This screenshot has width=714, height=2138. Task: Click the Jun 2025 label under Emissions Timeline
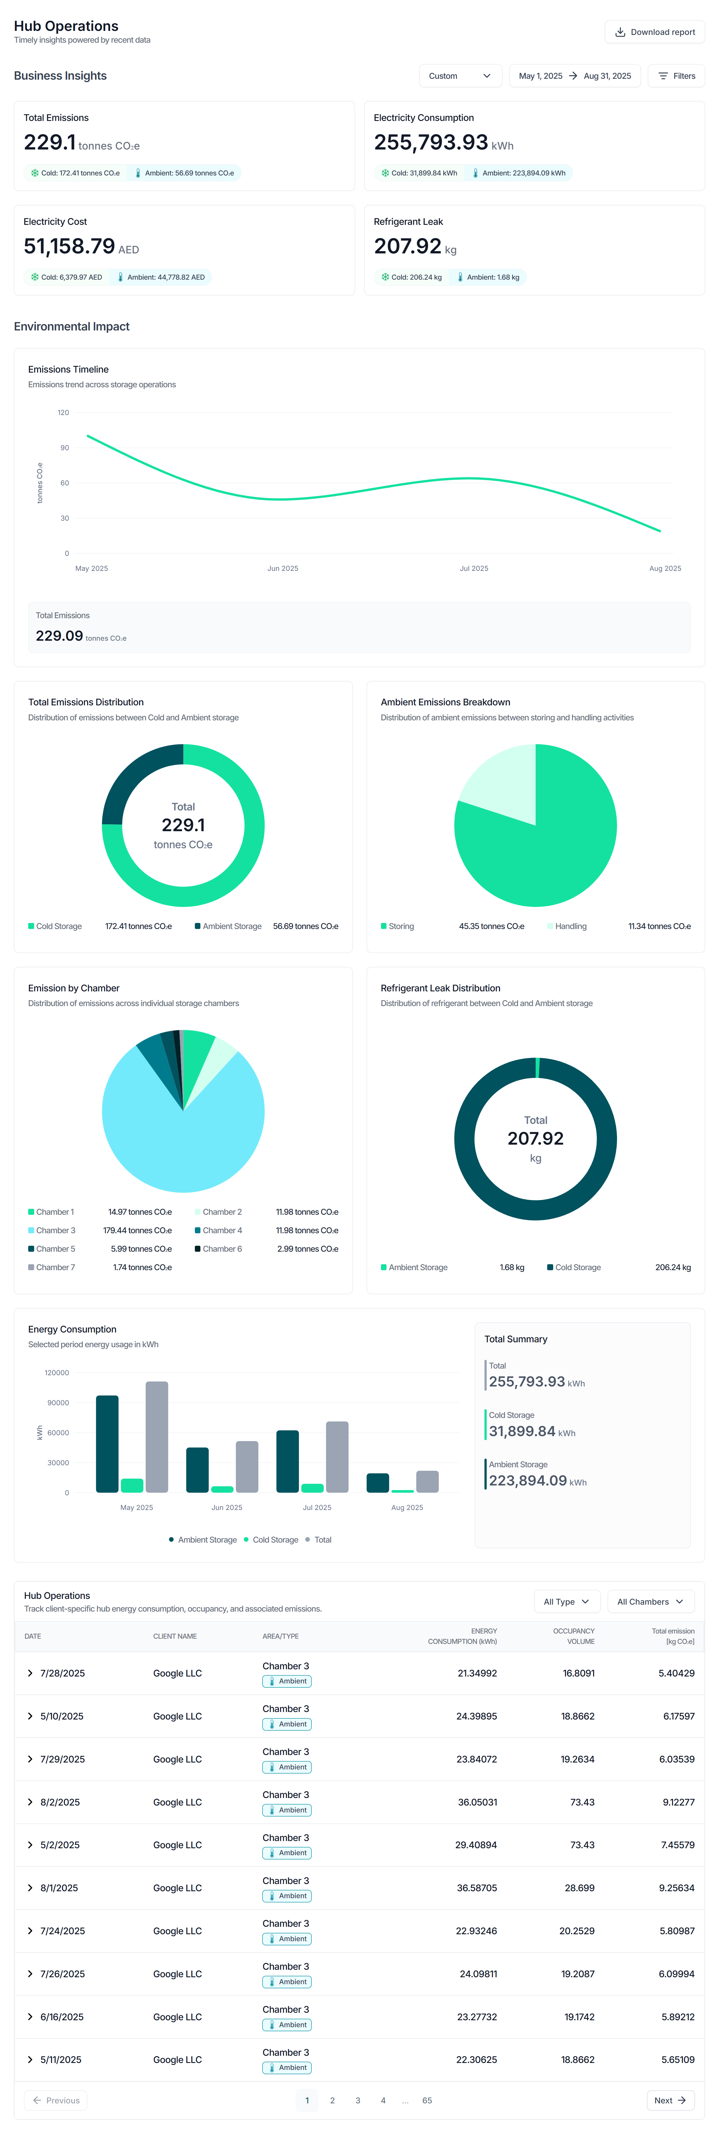282,569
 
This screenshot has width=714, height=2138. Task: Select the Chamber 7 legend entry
55,1267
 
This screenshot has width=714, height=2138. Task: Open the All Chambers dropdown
650,1602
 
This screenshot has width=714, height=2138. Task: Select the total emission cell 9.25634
676,1888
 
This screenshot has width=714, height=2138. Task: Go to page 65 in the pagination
427,2101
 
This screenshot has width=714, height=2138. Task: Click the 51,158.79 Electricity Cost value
69,246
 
